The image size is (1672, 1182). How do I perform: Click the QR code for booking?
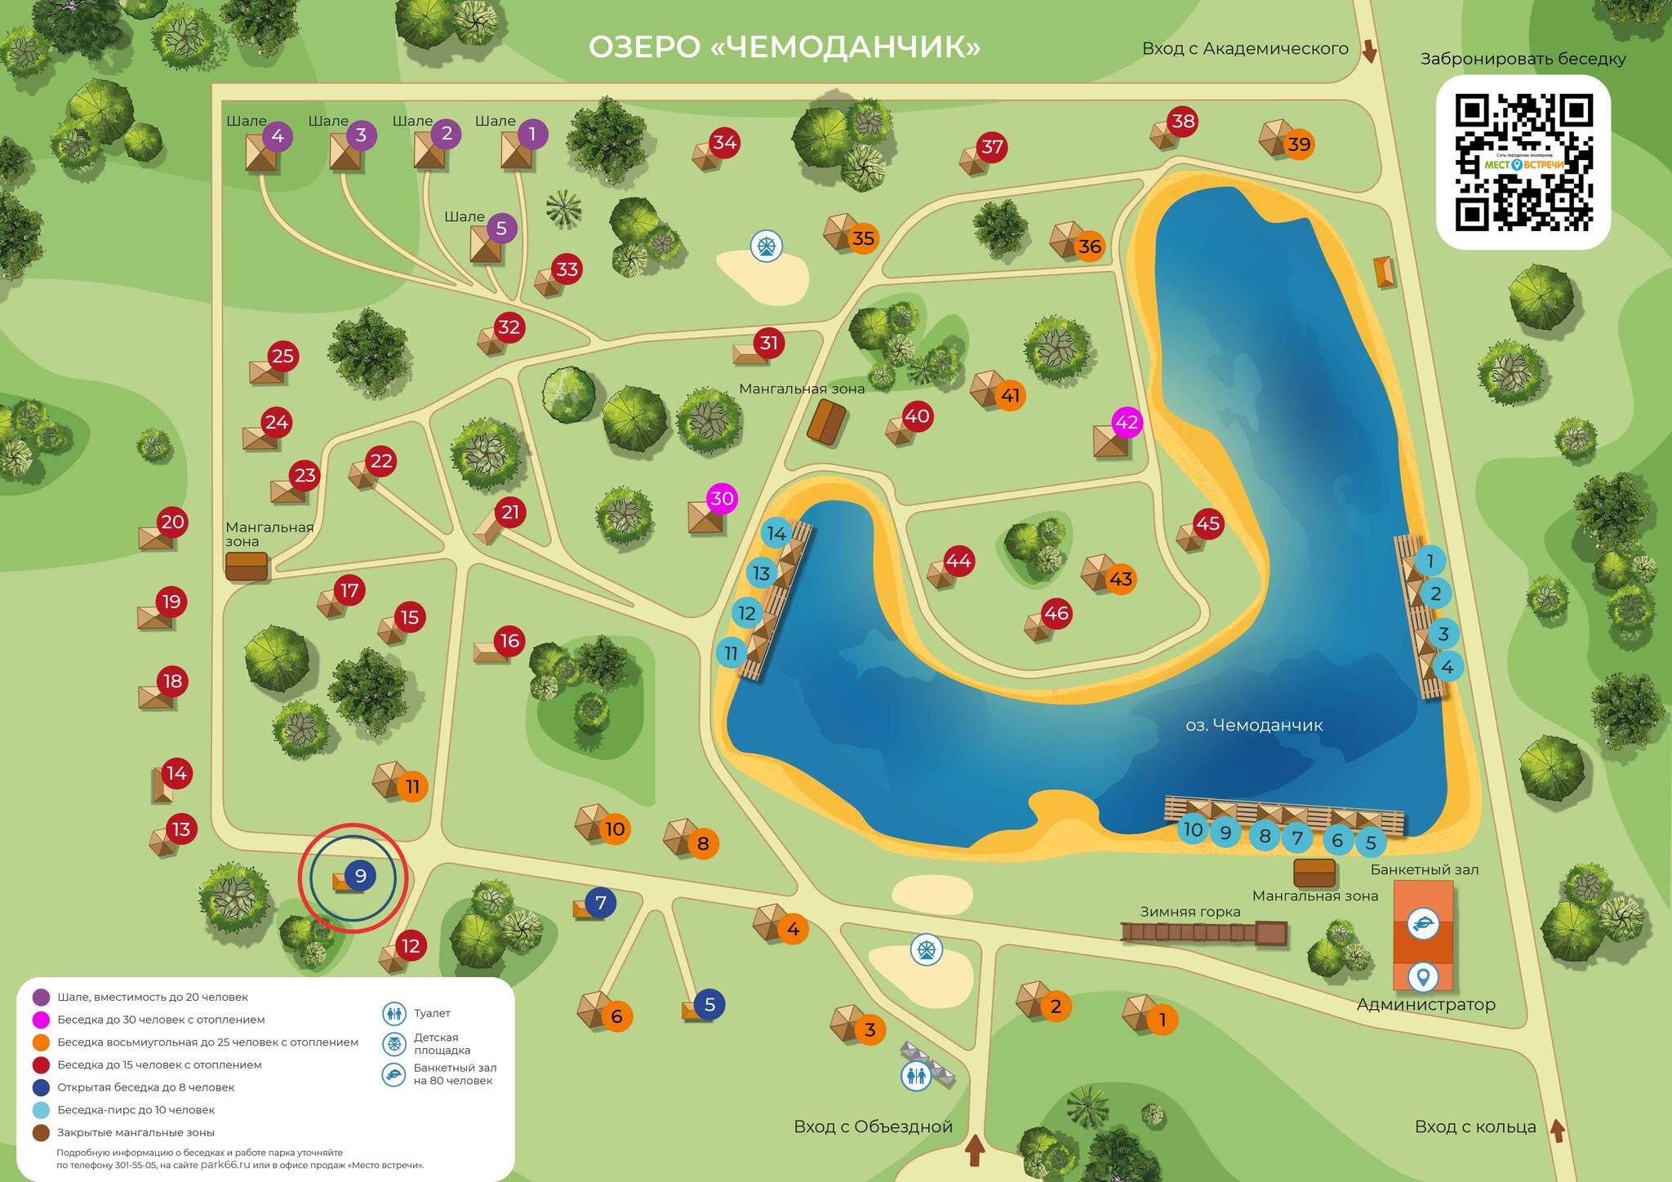(x=1523, y=162)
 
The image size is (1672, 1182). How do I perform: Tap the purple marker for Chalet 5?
(x=501, y=229)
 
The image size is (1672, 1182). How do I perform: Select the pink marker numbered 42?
(x=1127, y=422)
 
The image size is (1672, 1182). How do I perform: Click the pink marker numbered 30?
(x=723, y=498)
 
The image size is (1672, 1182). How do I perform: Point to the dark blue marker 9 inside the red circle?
(x=360, y=876)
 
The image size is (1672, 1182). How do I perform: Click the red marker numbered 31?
(x=769, y=343)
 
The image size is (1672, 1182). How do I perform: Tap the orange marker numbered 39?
(x=1299, y=144)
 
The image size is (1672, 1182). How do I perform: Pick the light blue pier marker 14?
(x=776, y=533)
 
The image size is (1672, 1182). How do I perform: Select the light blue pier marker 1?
(x=1430, y=561)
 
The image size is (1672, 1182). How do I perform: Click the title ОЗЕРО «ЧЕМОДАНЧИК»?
(x=784, y=47)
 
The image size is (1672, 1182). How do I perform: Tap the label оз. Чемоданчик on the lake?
(x=1254, y=725)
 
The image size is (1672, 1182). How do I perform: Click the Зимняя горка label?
(x=1190, y=912)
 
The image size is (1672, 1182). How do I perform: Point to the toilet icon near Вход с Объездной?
(x=916, y=1076)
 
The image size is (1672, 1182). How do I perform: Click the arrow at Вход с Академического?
(x=1369, y=51)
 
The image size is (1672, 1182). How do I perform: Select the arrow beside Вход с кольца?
(x=1557, y=1131)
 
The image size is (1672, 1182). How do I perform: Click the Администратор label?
(x=1425, y=1005)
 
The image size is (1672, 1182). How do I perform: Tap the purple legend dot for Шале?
(x=41, y=997)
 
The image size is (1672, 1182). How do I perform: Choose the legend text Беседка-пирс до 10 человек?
(x=136, y=1110)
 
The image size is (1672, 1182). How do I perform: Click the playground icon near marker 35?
(x=766, y=245)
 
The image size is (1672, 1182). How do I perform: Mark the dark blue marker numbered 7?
(x=601, y=903)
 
